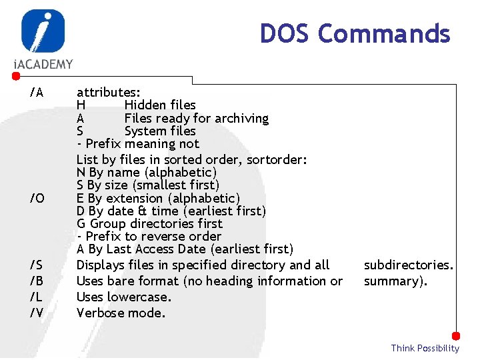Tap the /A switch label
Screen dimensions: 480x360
tap(37, 92)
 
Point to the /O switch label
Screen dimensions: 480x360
tap(37, 198)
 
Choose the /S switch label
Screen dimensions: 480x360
tap(37, 265)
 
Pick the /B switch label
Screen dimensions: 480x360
tap(37, 281)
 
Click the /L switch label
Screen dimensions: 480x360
tap(37, 297)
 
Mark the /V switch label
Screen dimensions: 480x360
tap(37, 313)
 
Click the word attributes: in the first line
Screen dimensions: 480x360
tap(108, 92)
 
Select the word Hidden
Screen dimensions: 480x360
tap(143, 105)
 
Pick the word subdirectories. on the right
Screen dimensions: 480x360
tap(409, 265)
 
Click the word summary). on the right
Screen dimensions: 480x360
tap(395, 281)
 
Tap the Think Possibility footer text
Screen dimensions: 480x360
tap(425, 348)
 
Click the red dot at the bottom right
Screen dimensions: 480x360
tap(456, 336)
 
